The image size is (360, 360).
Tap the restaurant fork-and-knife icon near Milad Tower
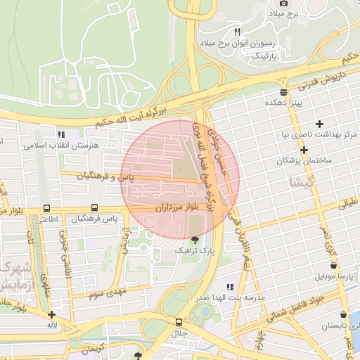coord(237,32)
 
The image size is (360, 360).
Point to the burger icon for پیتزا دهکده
coord(283,92)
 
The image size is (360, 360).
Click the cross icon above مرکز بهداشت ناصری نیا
coord(320,124)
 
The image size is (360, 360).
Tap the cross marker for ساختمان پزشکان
coord(304,150)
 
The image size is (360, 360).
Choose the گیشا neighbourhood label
coord(298,183)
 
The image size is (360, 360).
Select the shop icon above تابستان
coord(342,315)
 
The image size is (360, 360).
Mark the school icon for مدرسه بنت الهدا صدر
coord(229,287)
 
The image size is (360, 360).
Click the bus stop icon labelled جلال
coord(179,322)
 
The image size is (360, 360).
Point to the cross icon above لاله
coord(52,314)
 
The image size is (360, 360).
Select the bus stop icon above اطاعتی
coord(46,208)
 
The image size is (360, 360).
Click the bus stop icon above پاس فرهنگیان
coord(95,208)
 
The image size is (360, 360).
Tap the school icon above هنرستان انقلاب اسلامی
coord(61,134)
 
